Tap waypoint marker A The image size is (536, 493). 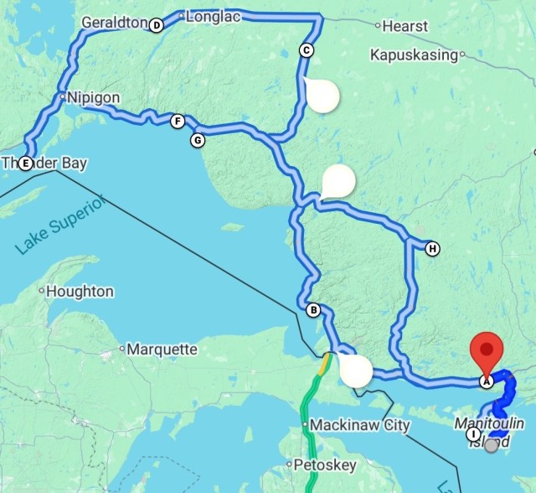[x=485, y=381]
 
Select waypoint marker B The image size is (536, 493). [x=313, y=310]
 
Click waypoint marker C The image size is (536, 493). [x=307, y=50]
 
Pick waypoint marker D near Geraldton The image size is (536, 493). [x=156, y=25]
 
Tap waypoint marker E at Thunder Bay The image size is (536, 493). [x=26, y=163]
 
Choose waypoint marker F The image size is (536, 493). [x=178, y=122]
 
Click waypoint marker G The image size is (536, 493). [x=198, y=140]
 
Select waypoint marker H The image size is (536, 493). [x=432, y=248]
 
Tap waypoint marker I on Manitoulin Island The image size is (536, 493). [x=474, y=434]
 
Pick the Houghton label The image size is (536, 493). [x=80, y=292]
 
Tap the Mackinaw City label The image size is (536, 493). [x=360, y=425]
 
